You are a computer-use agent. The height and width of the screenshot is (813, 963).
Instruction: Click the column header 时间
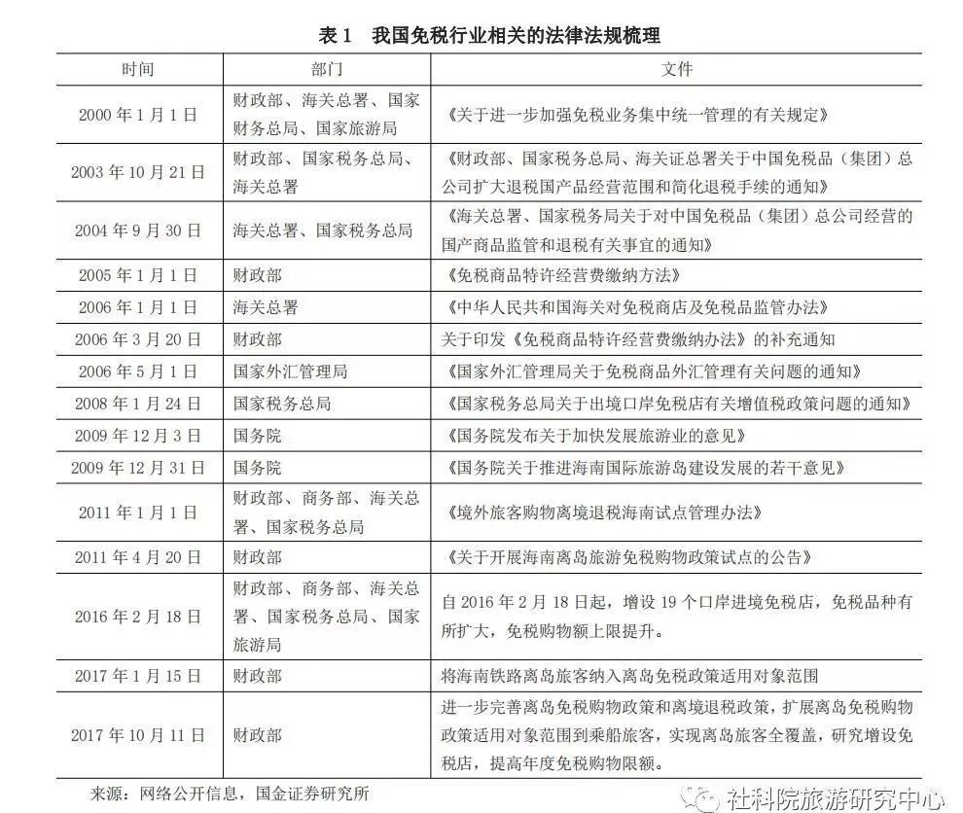point(137,69)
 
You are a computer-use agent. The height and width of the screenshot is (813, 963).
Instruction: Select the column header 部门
point(326,69)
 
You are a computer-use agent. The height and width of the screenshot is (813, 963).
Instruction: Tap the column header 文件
point(677,69)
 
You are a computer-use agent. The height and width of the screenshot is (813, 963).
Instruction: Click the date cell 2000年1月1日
point(137,114)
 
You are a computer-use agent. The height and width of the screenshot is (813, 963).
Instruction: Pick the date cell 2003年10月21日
point(137,171)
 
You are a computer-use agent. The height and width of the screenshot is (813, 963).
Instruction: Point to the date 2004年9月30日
point(137,230)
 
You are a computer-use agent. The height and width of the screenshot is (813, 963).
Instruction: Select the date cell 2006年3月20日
point(137,339)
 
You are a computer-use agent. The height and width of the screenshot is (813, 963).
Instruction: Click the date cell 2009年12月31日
point(137,468)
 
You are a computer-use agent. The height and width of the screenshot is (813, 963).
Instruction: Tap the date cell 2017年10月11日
point(137,734)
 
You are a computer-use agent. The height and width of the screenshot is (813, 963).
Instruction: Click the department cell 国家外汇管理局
point(291,371)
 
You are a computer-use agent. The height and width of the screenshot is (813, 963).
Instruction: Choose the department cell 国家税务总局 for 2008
point(282,403)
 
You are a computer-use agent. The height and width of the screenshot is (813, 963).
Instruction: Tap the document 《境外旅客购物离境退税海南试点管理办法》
point(601,512)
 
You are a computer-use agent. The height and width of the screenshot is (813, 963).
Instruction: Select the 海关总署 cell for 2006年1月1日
point(266,307)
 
